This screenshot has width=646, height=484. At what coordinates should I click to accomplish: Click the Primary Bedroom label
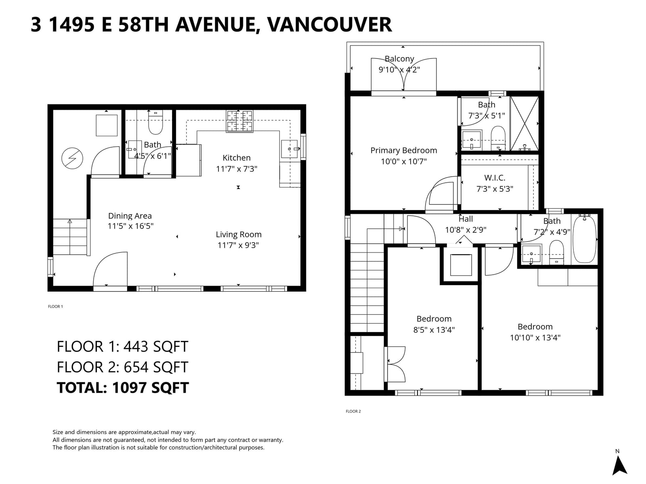coord(403,150)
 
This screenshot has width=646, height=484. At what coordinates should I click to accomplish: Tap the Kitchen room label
coord(237,158)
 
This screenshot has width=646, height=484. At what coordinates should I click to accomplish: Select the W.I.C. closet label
coord(495,178)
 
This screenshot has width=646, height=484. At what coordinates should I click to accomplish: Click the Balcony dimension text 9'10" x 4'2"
coord(399,70)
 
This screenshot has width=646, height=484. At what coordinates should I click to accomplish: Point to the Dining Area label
coord(130,216)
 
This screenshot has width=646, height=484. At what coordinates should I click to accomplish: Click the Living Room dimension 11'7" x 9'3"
coord(238,245)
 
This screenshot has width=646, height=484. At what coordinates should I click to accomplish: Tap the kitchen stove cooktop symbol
coord(239,121)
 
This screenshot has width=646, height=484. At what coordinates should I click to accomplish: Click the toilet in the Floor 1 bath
coord(155,123)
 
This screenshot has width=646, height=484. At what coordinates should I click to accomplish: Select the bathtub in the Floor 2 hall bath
coord(585,239)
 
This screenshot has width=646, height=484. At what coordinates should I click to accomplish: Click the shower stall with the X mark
coord(524,123)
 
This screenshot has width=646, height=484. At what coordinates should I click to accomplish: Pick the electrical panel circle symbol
coord(72,159)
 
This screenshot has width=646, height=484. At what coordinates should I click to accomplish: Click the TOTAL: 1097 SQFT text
coord(123,388)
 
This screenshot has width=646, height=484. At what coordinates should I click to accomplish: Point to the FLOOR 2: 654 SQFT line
coord(122,367)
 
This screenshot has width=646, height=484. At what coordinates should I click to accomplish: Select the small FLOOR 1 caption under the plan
coord(55,307)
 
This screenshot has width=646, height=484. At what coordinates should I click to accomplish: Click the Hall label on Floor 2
coord(466,219)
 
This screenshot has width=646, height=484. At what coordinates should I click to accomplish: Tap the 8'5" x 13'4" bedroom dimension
coord(434,330)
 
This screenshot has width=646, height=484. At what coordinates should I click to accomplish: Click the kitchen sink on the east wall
coord(289,149)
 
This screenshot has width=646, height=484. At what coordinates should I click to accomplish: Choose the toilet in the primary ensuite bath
coord(498,138)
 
